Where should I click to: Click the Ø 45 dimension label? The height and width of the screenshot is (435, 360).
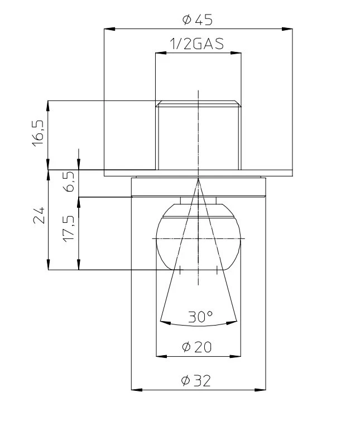pyautogui.click(x=197, y=20)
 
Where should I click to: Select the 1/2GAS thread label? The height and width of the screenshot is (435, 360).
pyautogui.click(x=196, y=44)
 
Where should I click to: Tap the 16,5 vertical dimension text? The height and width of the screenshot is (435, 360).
pyautogui.click(x=38, y=133)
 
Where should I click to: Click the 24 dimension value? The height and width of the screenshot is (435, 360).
pyautogui.click(x=39, y=215)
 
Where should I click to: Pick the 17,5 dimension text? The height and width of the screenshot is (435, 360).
pyautogui.click(x=69, y=228)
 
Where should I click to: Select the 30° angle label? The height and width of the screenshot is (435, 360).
pyautogui.click(x=200, y=317)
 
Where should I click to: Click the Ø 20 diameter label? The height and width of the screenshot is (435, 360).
pyautogui.click(x=196, y=347)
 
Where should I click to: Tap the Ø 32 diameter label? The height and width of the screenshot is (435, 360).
pyautogui.click(x=196, y=380)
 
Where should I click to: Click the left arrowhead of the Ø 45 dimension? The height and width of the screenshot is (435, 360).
pyautogui.click(x=109, y=29)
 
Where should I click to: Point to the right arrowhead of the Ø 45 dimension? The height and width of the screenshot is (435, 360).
pyautogui.click(x=287, y=29)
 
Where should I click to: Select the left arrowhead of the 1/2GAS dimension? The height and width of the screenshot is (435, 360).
pyautogui.click(x=161, y=52)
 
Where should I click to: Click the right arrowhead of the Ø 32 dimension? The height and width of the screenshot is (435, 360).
pyautogui.click(x=260, y=390)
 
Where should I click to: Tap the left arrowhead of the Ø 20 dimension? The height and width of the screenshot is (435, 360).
pyautogui.click(x=162, y=356)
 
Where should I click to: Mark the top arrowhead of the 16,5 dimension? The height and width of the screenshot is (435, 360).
pyautogui.click(x=48, y=106)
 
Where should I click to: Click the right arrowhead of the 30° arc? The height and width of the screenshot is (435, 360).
pyautogui.click(x=232, y=322)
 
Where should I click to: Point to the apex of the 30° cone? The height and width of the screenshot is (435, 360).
pyautogui.click(x=198, y=179)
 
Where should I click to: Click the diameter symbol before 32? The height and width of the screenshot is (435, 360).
pyautogui.click(x=185, y=380)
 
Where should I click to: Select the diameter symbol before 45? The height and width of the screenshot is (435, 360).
pyautogui.click(x=187, y=20)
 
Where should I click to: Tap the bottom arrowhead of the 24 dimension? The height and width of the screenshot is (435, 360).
pyautogui.click(x=48, y=264)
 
